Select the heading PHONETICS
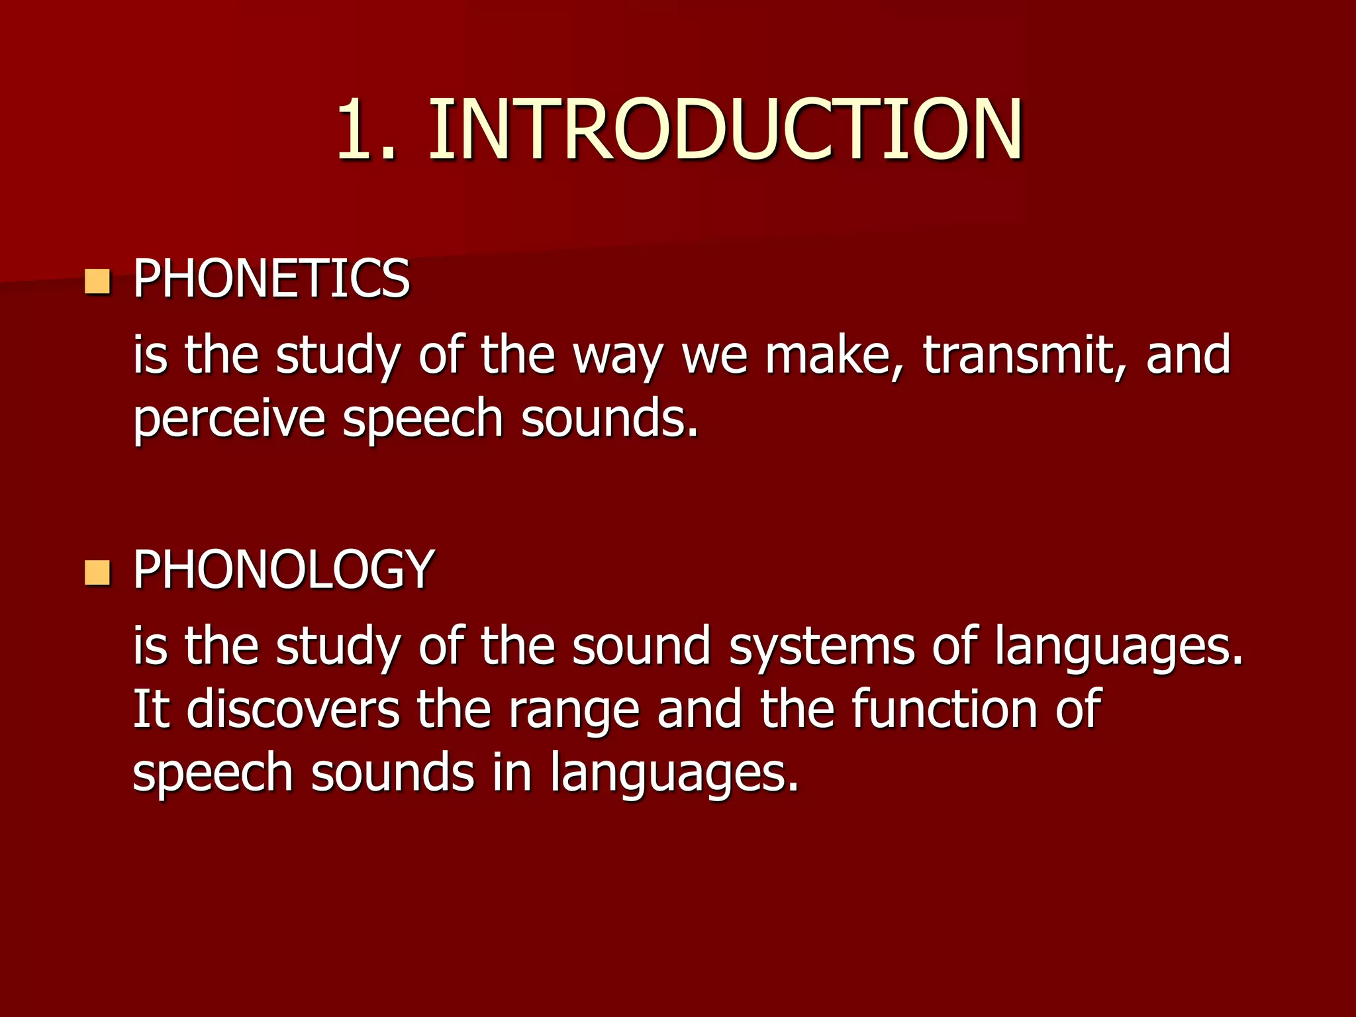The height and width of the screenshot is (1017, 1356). pyautogui.click(x=271, y=279)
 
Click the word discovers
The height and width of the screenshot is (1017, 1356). pyautogui.click(x=293, y=709)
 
